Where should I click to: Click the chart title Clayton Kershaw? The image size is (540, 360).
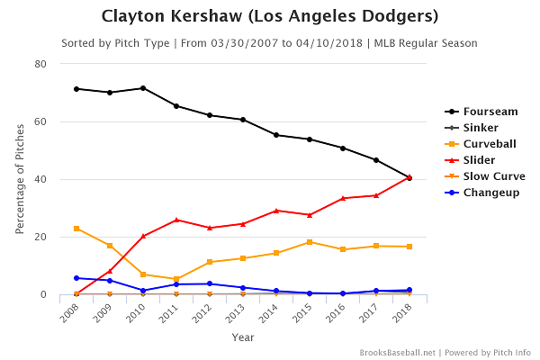(270, 16)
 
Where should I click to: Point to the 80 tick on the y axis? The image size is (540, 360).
(41, 64)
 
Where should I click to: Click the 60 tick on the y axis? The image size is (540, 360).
(41, 121)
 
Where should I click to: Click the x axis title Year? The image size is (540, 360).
(243, 338)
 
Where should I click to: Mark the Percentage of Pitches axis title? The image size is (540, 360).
(20, 179)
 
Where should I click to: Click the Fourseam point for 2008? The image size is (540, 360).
(76, 88)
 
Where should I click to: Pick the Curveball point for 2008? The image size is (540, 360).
(76, 229)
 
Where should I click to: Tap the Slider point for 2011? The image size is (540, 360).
(176, 220)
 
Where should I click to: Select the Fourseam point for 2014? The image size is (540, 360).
(276, 135)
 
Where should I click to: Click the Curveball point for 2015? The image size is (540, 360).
(310, 242)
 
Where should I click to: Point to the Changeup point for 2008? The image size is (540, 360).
(76, 278)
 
